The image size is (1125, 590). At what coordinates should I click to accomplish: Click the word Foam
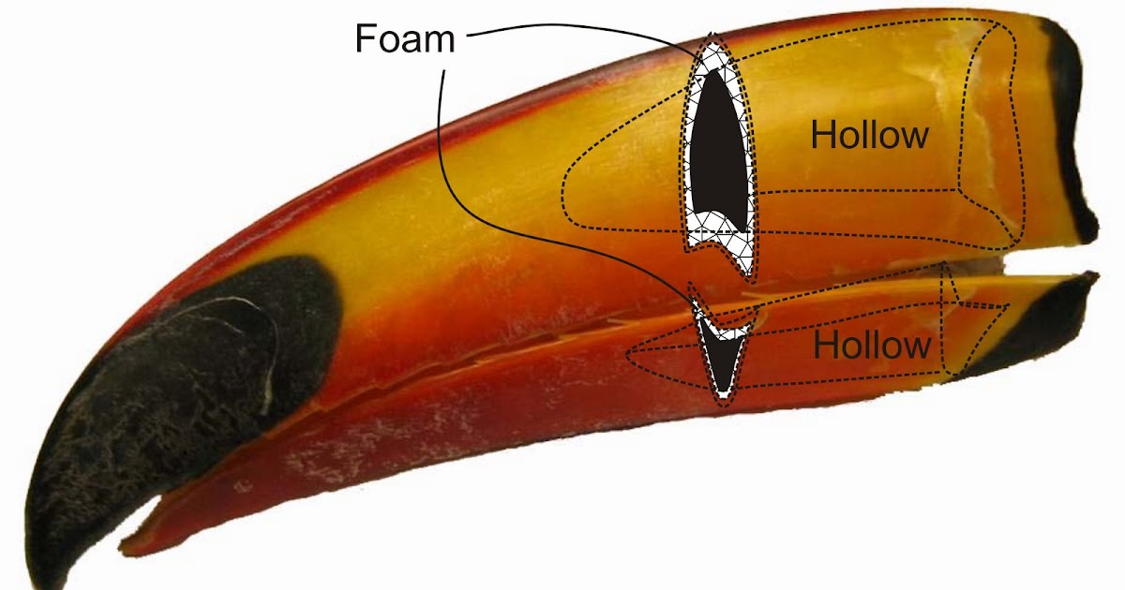[x=404, y=38]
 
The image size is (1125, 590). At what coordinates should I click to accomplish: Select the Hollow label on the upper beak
[x=869, y=135]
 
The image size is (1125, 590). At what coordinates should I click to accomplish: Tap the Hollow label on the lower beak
[x=871, y=346]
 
